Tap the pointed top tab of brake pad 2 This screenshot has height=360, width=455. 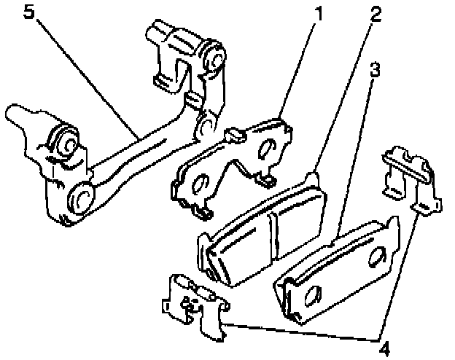314,176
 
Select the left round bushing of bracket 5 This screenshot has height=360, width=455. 62,142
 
